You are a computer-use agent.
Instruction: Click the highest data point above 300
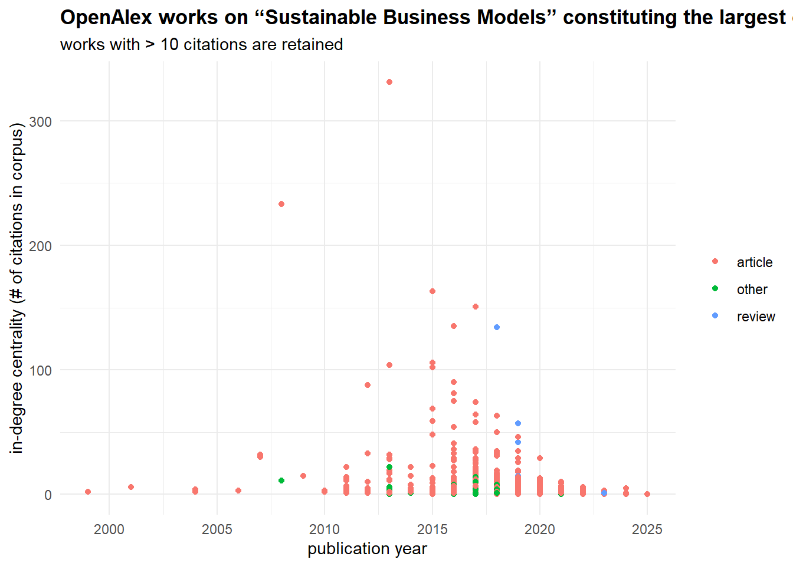tap(389, 82)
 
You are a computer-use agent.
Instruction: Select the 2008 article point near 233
tap(281, 204)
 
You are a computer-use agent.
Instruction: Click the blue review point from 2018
tap(497, 327)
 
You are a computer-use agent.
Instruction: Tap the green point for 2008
tap(281, 481)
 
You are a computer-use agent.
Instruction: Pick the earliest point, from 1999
tap(88, 492)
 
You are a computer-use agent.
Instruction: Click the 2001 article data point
tap(131, 487)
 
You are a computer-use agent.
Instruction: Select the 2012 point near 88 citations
tap(368, 385)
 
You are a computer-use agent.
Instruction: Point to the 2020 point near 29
tap(540, 458)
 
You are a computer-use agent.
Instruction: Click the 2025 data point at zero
tap(647, 494)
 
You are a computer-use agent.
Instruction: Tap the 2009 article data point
tap(303, 476)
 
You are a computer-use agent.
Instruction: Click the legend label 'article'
tap(754, 262)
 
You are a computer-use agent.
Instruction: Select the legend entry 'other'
tap(752, 289)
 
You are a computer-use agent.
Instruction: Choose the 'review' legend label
tap(755, 317)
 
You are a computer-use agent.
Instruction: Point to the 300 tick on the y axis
tap(41, 121)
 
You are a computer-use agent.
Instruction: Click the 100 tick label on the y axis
tap(41, 370)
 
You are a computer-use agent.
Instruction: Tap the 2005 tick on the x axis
tap(217, 529)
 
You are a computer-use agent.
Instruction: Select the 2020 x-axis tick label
tap(540, 529)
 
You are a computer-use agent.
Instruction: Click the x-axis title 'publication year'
tap(367, 549)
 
